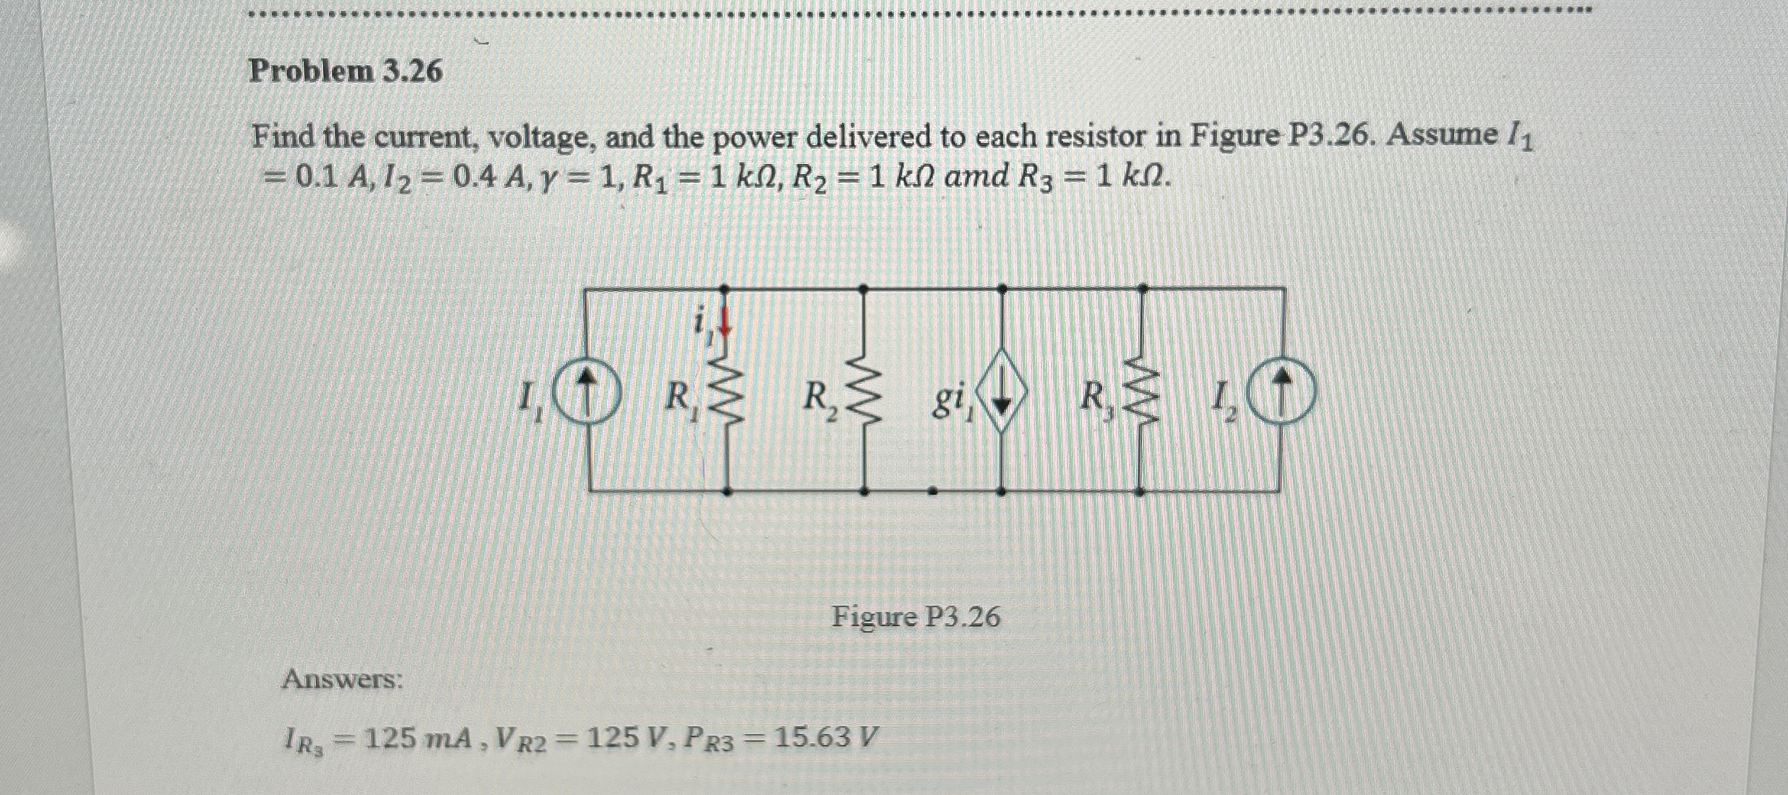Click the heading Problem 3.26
tap(345, 72)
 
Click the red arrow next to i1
tap(726, 324)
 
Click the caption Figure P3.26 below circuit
tap(916, 617)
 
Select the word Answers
tap(343, 679)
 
